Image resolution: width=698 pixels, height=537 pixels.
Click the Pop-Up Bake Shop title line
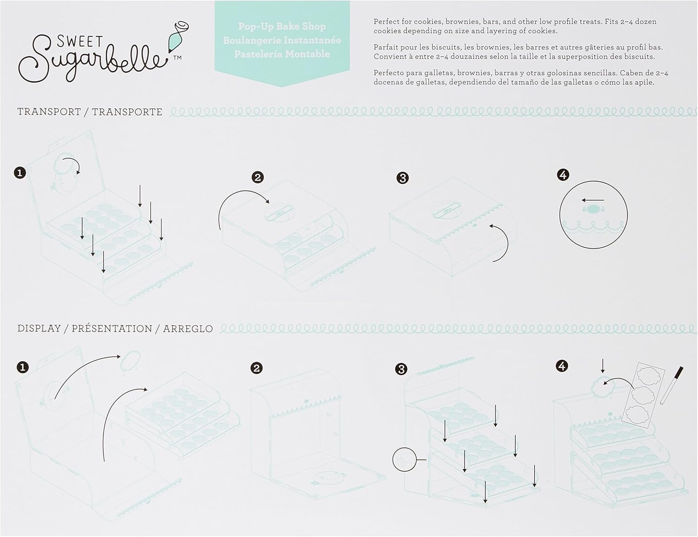(282, 26)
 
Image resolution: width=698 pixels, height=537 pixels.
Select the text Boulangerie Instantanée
(282, 40)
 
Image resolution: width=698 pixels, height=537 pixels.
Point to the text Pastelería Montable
(282, 54)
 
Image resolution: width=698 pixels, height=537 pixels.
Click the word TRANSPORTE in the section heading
(127, 112)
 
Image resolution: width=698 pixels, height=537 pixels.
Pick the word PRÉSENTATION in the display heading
(112, 329)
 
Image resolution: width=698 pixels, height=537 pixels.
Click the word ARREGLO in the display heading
(188, 329)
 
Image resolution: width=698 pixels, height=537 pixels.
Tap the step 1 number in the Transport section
(20, 173)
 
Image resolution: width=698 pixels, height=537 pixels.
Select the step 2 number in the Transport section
(257, 177)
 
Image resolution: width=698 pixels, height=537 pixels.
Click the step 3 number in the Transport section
(402, 178)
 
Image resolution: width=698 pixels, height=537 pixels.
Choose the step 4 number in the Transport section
(563, 175)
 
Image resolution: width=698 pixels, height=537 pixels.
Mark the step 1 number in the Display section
(22, 367)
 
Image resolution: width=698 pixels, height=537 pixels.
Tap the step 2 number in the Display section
(256, 368)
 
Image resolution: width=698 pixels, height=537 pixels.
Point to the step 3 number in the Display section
(401, 369)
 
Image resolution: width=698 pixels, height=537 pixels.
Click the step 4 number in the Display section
(562, 366)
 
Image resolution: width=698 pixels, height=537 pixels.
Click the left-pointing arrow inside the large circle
(593, 201)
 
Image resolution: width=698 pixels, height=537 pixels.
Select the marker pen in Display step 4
(671, 385)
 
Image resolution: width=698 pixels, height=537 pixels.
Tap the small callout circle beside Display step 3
(404, 459)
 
